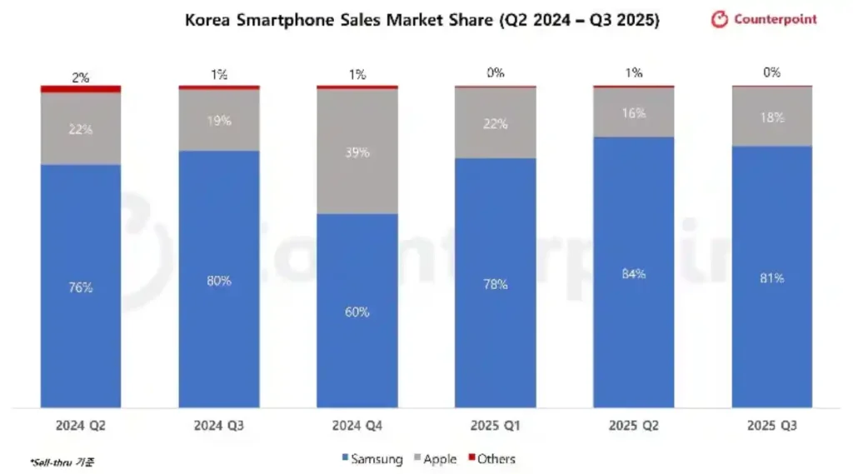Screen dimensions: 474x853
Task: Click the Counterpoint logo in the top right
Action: pyautogui.click(x=764, y=19)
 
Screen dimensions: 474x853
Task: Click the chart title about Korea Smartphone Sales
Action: pyautogui.click(x=422, y=20)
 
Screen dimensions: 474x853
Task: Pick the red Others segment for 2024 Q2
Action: pyautogui.click(x=81, y=88)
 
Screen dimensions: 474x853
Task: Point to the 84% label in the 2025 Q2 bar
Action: pyautogui.click(x=634, y=274)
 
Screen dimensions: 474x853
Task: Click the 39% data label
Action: pyautogui.click(x=357, y=152)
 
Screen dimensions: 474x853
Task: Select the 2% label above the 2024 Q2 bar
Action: pyautogui.click(x=81, y=77)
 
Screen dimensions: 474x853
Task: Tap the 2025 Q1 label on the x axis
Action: pyautogui.click(x=496, y=427)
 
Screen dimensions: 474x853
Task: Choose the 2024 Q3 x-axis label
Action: pyautogui.click(x=219, y=427)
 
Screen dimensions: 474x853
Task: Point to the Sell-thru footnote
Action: pyautogui.click(x=62, y=462)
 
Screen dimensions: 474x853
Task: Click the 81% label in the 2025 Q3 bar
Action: pyautogui.click(x=772, y=277)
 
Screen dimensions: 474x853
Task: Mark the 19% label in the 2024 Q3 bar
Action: pyautogui.click(x=219, y=121)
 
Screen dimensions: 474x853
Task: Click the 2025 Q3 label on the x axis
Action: pyautogui.click(x=772, y=427)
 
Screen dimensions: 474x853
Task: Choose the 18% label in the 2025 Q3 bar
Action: pyautogui.click(x=772, y=117)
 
